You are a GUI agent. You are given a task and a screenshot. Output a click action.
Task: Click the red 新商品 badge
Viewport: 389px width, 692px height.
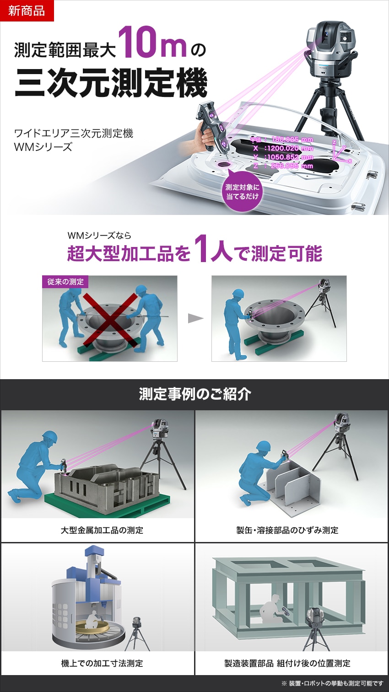tap(27, 11)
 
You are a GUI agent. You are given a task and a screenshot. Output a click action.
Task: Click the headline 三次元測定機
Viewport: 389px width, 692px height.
tap(111, 83)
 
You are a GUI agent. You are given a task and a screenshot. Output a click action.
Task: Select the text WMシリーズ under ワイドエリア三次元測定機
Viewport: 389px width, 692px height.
tap(43, 147)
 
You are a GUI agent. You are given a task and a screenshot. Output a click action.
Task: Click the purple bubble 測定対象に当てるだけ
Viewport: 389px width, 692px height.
tap(242, 192)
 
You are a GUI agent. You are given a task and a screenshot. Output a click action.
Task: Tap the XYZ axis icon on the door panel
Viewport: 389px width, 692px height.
tap(341, 152)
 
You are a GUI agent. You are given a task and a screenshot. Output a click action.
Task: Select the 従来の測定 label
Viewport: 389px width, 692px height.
tap(65, 282)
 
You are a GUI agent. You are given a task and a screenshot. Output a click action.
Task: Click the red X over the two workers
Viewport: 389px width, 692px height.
tap(110, 320)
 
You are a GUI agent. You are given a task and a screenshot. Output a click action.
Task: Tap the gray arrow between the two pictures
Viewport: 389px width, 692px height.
tap(195, 318)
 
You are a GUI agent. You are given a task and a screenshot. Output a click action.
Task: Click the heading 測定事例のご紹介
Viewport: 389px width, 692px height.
tap(194, 394)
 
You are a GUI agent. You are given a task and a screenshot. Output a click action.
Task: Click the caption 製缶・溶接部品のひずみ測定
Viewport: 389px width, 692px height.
tap(287, 530)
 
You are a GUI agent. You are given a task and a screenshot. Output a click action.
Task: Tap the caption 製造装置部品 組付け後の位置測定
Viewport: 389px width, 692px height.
tap(287, 663)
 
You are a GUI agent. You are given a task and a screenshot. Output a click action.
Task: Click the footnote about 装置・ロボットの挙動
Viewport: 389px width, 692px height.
tap(332, 683)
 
